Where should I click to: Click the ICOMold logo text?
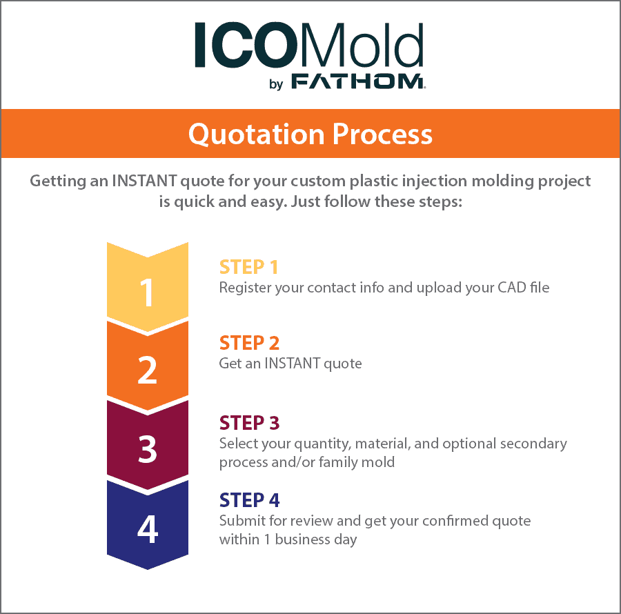(308, 46)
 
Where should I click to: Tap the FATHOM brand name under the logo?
(357, 83)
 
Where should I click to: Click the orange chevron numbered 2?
(147, 370)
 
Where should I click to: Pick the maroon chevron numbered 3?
(147, 448)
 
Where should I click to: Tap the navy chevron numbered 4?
(147, 528)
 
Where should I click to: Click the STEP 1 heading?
(248, 266)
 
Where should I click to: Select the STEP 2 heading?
(248, 343)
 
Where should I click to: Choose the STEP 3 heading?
(248, 422)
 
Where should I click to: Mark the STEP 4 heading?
(248, 499)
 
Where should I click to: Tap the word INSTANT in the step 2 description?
(292, 363)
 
